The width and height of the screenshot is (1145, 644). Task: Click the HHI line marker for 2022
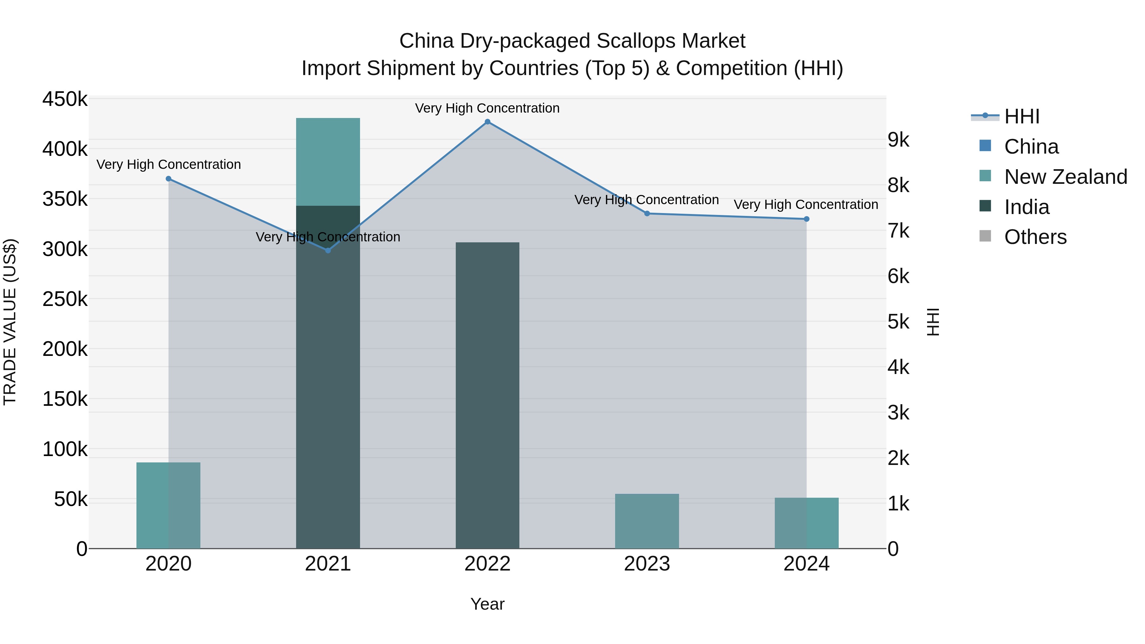(487, 122)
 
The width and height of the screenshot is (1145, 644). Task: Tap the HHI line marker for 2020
(169, 179)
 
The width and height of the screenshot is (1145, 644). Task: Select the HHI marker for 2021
(328, 251)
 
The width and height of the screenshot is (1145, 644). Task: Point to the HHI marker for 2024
(806, 219)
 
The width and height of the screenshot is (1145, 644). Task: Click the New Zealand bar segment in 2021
(328, 162)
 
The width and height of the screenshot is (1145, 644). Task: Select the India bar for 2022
(487, 396)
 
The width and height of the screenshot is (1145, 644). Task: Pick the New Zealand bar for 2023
(647, 521)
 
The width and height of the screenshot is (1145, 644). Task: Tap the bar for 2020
(169, 505)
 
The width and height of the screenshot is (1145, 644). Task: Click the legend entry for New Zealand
(1065, 177)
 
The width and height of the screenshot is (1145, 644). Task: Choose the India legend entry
(1026, 207)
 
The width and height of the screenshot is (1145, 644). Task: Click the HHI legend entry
(1021, 116)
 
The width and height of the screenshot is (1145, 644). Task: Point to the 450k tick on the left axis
(65, 99)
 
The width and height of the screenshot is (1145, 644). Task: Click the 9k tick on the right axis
(898, 140)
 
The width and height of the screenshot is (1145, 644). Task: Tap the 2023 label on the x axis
(647, 564)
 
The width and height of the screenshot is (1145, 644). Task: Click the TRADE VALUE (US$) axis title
(10, 322)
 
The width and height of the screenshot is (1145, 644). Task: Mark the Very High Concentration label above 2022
(487, 108)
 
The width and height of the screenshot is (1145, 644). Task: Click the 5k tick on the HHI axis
(898, 322)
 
